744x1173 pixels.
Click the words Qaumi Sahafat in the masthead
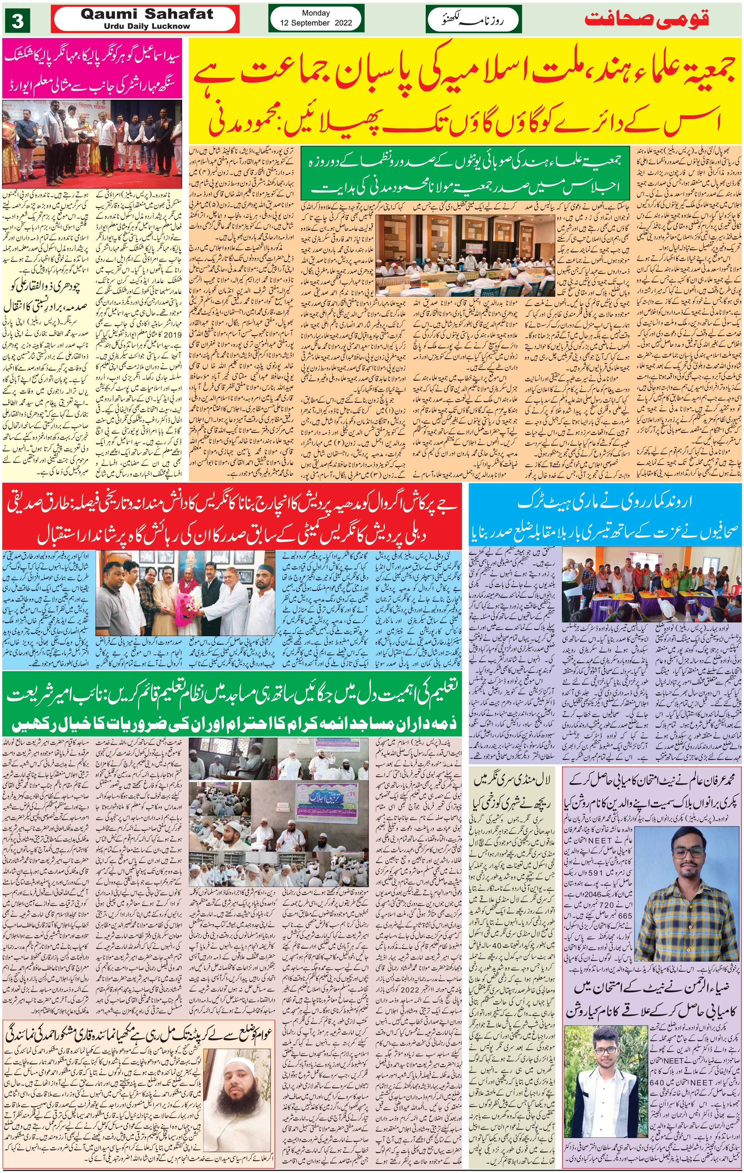tap(147, 14)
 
